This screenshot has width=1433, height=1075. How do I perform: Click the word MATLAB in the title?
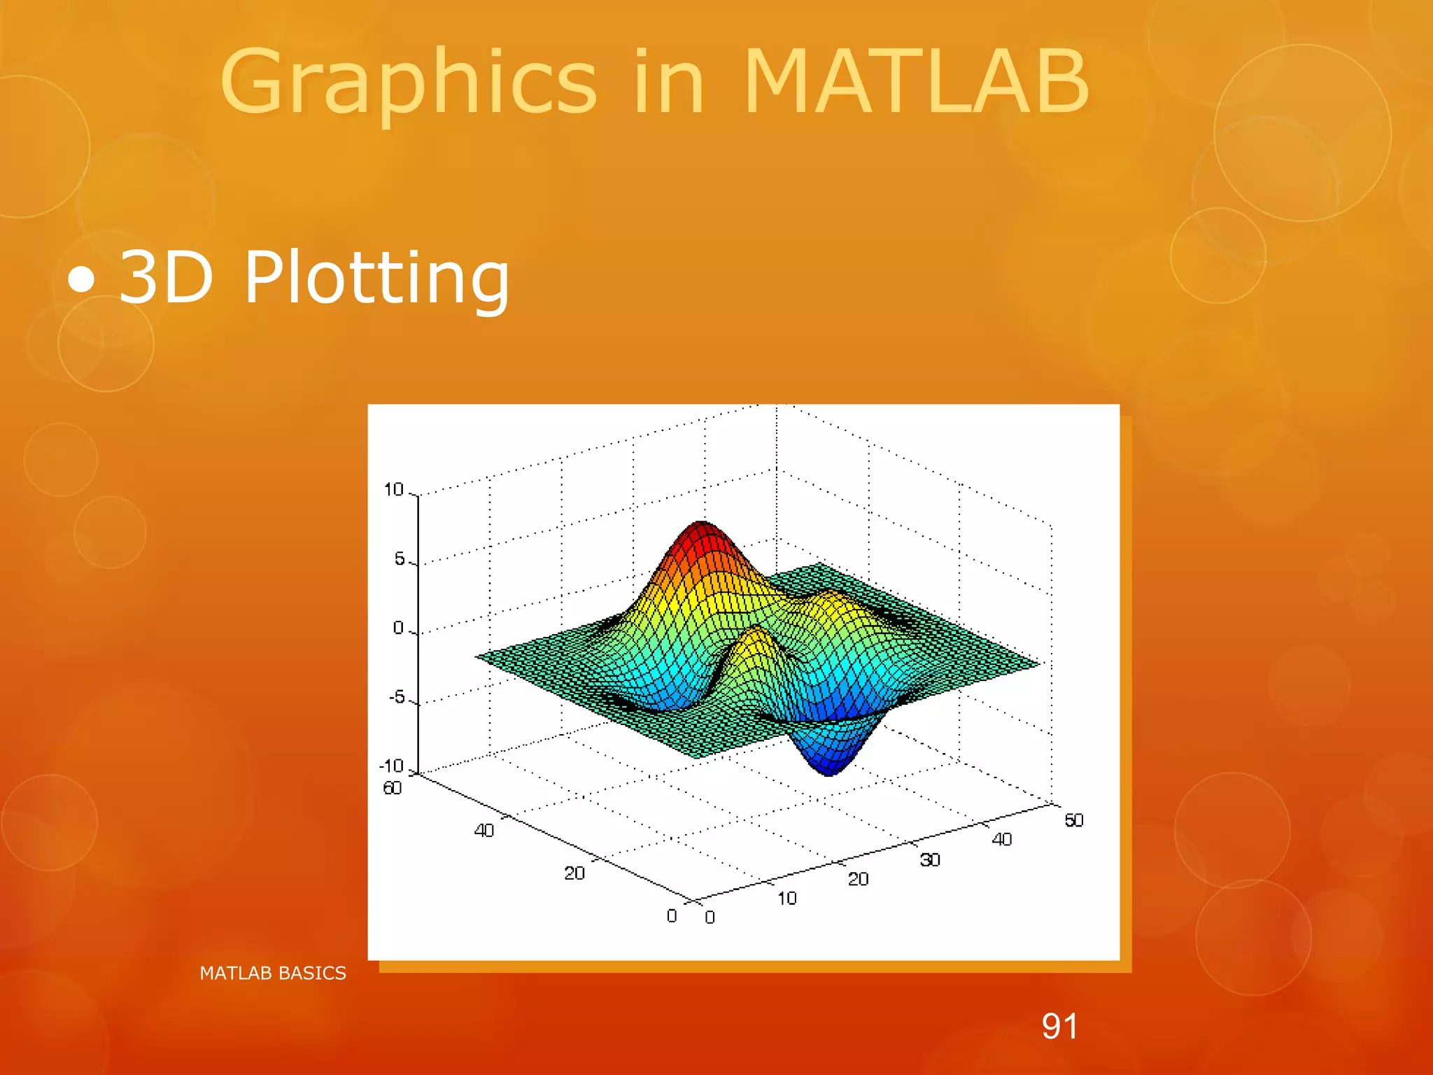coord(915,83)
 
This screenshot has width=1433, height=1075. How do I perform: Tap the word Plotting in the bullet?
coord(376,279)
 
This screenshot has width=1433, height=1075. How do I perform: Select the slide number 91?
coord(1059,1027)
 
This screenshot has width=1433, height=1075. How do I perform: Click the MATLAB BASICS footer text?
coord(273,973)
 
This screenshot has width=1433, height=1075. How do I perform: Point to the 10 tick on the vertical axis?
coord(394,490)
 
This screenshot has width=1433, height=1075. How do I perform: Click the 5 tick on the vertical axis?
coord(400,558)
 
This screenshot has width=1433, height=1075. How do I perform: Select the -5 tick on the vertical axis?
coord(397,697)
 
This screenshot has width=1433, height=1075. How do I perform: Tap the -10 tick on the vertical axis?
coord(392,766)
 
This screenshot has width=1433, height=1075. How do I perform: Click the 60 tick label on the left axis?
coord(393,788)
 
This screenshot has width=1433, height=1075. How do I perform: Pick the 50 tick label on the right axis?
coord(1074,820)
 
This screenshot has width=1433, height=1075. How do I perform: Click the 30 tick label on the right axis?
coord(929,859)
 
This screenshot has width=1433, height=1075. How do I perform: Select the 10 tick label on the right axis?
coord(786,898)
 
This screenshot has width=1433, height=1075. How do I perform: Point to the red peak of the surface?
coord(702,533)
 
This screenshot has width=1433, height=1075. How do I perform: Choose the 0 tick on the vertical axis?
coord(398,628)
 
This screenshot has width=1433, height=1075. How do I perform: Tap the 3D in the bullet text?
coord(166,279)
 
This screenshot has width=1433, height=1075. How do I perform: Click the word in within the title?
coord(668,83)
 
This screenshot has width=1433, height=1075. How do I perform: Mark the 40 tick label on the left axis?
coord(484,831)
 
